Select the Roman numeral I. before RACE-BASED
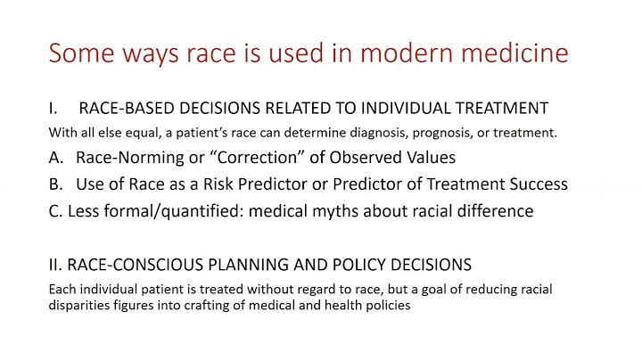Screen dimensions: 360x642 pyautogui.click(x=53, y=108)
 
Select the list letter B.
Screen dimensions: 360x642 pyautogui.click(x=55, y=184)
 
